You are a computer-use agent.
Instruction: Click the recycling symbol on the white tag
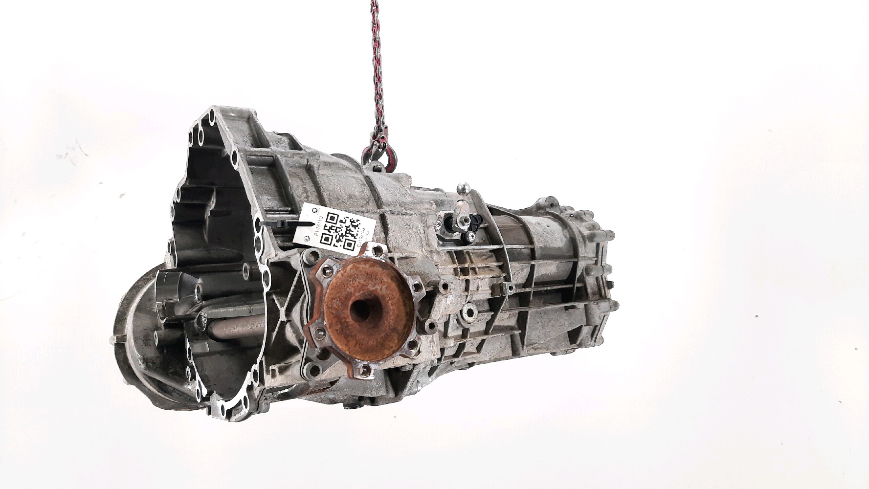click(306, 238)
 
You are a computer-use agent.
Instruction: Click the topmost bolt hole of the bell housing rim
click(211, 115)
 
